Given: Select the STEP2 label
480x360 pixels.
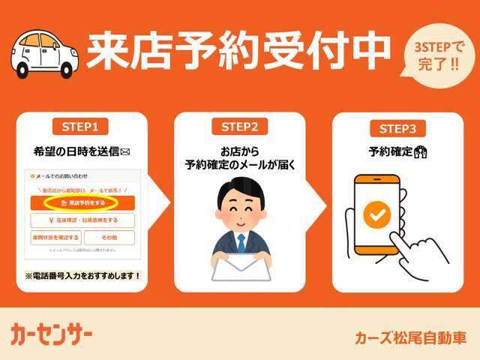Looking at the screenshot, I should click(240, 126).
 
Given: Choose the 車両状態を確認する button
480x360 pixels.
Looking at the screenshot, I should click(55, 238).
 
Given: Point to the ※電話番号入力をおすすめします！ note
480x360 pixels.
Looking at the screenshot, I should click(83, 275).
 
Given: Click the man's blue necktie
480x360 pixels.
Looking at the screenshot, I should click(241, 241).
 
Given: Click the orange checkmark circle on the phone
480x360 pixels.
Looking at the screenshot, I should click(377, 216).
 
